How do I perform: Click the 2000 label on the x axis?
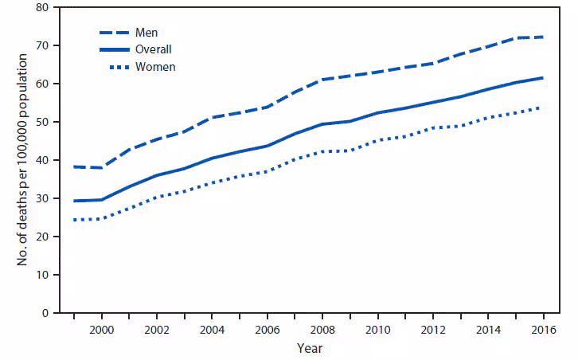pos(101,329)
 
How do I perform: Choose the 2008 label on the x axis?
pos(322,329)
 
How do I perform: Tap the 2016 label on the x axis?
pos(543,329)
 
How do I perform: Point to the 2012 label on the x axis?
pos(432,329)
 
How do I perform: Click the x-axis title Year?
pos(309,348)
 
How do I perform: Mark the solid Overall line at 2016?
pos(543,78)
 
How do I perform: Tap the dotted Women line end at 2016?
pos(543,108)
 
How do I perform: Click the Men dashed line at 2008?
pos(322,80)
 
